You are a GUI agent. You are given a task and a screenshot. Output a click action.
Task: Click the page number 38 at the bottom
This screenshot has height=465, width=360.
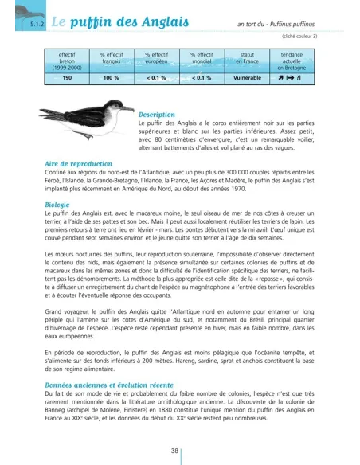pos(180,450)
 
